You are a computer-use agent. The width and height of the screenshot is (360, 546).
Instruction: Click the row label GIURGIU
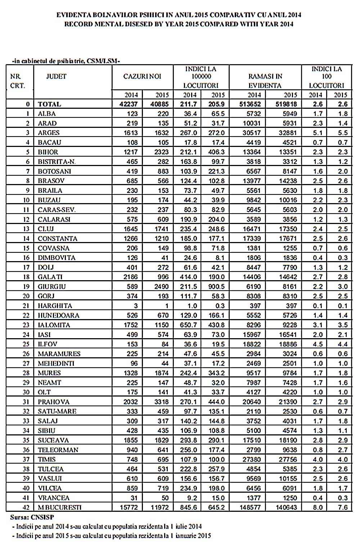tap(52, 287)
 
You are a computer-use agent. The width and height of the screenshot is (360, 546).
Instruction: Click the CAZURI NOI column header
tap(142, 76)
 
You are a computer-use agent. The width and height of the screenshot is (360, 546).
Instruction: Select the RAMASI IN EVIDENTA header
tap(265, 81)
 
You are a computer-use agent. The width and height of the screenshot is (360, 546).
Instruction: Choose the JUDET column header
tap(56, 76)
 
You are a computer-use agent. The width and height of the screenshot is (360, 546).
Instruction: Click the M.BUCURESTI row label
tap(60, 507)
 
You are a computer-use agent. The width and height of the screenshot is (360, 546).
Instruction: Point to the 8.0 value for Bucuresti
tap(318, 507)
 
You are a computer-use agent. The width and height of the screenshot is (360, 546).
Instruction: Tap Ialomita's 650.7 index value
tap(188, 325)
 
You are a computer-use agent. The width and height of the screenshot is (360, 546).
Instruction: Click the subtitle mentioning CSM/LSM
tap(66, 61)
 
